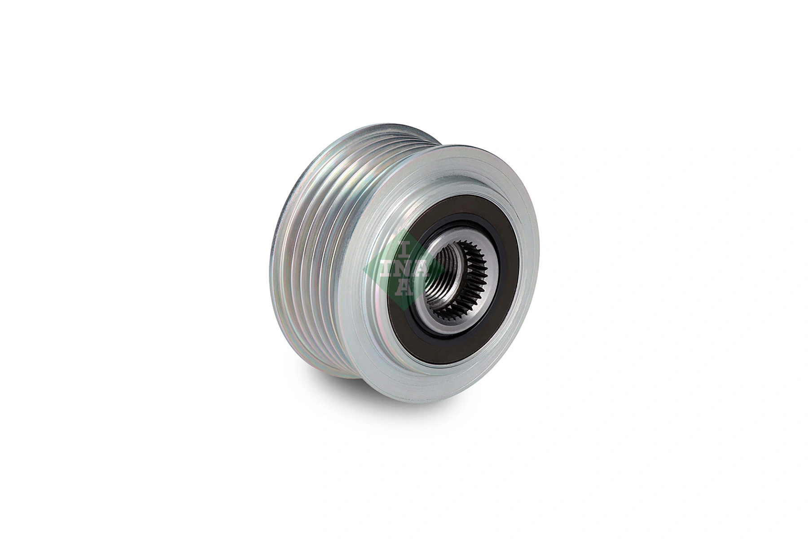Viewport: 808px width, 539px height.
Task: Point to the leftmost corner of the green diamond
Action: pos(364,269)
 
